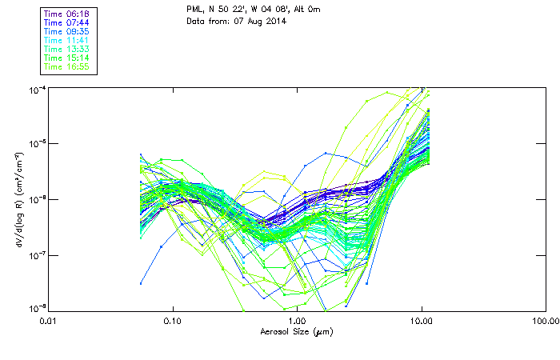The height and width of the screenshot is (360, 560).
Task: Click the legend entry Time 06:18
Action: tap(66, 14)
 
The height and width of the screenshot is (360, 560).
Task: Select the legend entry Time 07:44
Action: tap(66, 22)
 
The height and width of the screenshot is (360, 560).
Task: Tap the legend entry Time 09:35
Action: tap(66, 31)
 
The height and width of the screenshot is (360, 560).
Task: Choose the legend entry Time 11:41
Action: tap(66, 40)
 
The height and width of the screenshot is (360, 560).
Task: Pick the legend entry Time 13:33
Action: tap(66, 49)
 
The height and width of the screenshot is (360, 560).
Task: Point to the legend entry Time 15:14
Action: tap(66, 58)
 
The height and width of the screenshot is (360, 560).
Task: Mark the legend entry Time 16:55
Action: tap(66, 66)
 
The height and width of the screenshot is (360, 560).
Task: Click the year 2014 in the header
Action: tap(274, 21)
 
